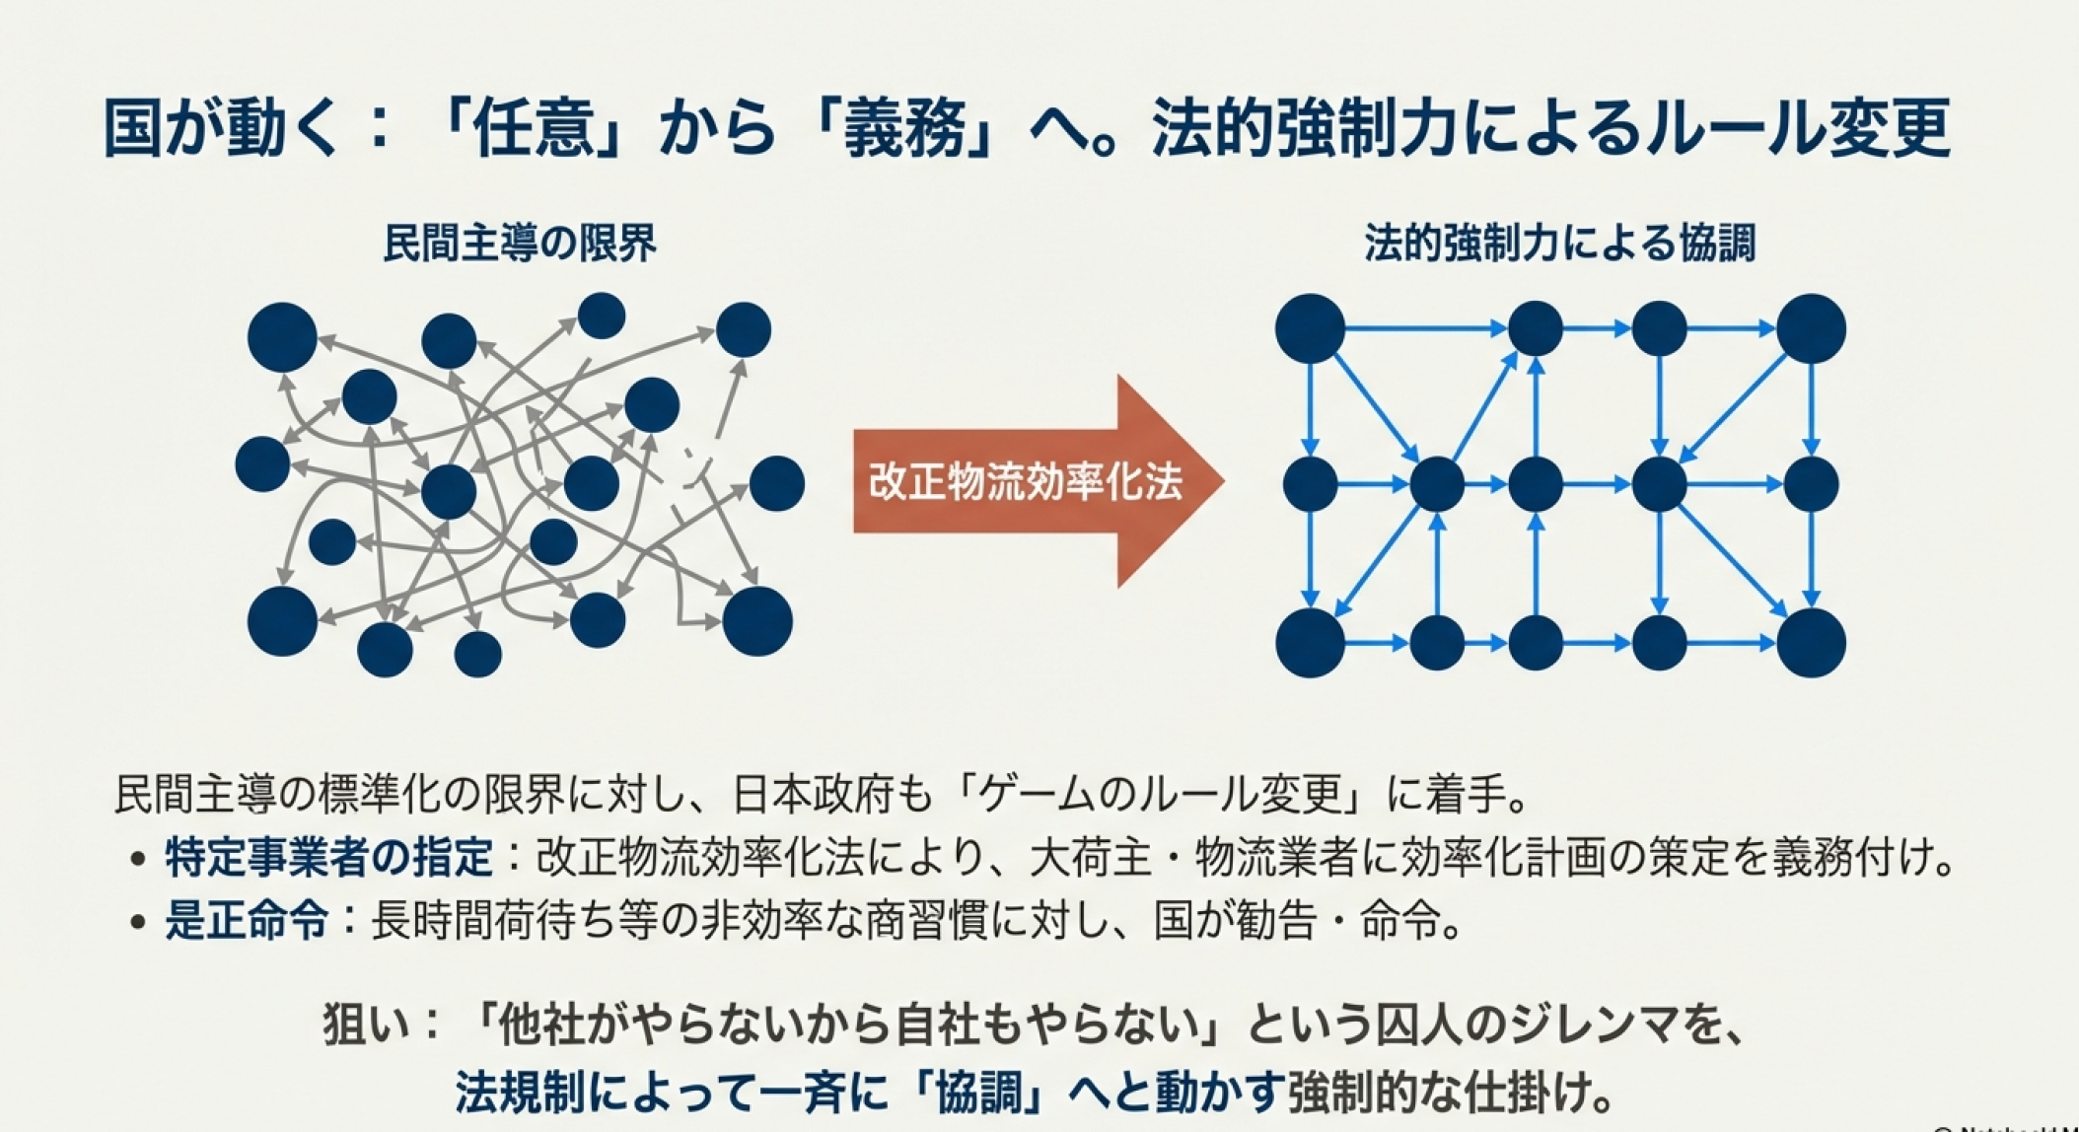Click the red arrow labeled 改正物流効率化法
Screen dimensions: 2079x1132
pos(1036,481)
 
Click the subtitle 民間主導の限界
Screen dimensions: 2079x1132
pos(520,244)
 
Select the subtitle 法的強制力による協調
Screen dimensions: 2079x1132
pos(1560,244)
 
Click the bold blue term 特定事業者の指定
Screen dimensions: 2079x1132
pos(328,858)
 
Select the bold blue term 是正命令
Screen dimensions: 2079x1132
pos(247,921)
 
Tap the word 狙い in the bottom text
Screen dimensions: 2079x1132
pos(363,1026)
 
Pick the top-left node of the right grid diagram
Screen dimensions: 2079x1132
pos(1310,328)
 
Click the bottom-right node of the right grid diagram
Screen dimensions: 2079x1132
pos(1811,643)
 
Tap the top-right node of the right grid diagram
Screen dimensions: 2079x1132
pos(1811,328)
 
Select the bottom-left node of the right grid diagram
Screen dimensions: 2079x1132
pos(1310,643)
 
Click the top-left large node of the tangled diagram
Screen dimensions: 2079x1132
pos(282,337)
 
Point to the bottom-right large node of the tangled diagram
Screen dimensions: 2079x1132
pos(757,621)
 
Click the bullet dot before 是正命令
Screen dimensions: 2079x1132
pos(138,923)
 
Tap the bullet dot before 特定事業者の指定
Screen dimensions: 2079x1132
pos(138,860)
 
